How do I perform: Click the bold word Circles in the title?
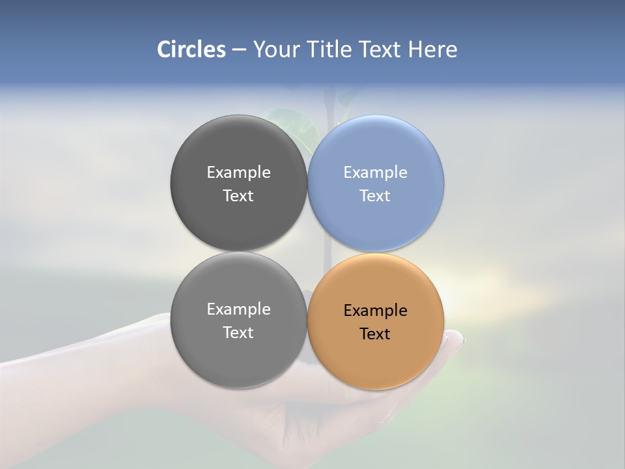point(191,50)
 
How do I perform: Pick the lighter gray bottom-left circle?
point(238,358)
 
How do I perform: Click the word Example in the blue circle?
point(375,173)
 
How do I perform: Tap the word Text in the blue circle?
point(375,196)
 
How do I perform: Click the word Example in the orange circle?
point(375,311)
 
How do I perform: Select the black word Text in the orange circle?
point(375,334)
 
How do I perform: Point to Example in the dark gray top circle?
point(238,173)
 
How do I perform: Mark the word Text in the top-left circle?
point(238,196)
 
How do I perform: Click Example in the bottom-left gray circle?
point(238,309)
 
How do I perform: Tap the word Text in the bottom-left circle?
point(238,333)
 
